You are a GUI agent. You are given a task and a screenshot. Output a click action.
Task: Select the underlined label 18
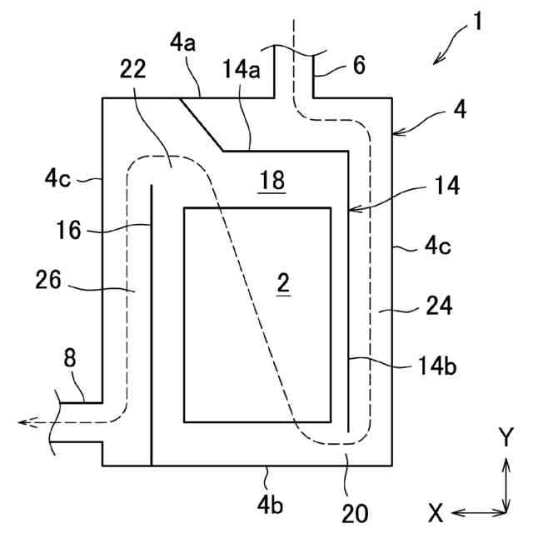click(x=272, y=179)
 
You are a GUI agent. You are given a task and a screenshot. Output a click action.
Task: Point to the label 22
click(x=132, y=70)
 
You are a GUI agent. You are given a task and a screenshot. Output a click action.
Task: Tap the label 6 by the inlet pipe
click(x=359, y=66)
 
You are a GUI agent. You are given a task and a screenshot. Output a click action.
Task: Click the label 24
click(x=438, y=306)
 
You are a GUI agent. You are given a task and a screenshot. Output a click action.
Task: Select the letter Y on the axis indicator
click(x=506, y=436)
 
